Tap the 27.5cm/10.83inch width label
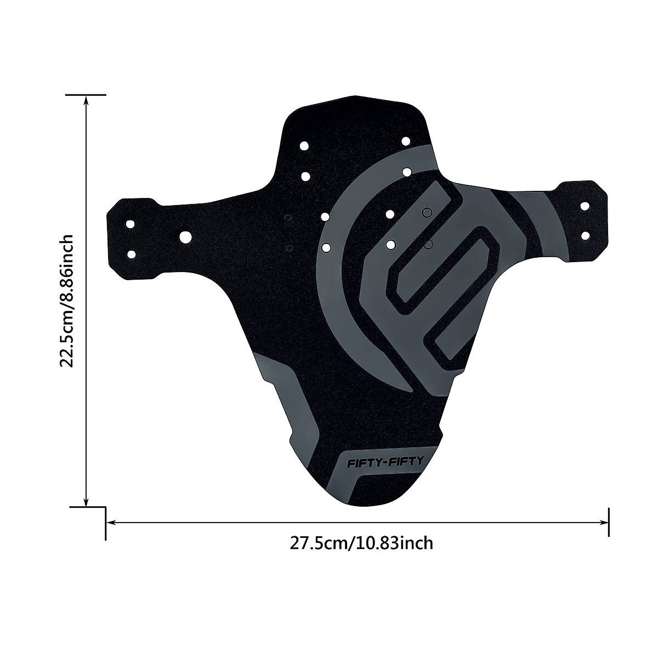362,543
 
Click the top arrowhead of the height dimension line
86,100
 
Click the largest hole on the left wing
185,236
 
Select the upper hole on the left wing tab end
131,225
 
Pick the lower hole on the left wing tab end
131,254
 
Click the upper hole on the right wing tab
585,206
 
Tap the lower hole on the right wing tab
585,235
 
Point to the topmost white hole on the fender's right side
406,141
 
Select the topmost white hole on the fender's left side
304,146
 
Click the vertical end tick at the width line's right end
609,523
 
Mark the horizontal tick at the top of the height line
86,95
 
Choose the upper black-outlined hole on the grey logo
427,212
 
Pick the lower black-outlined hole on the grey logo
429,243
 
